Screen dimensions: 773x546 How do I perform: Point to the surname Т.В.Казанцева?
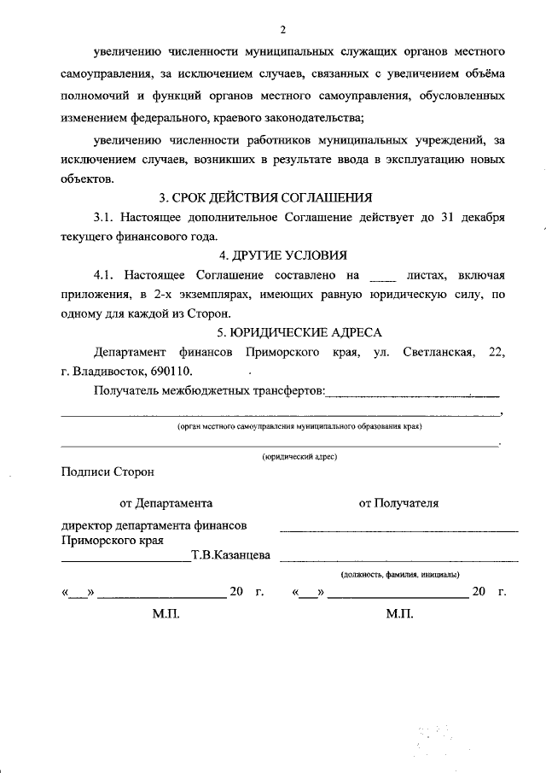tap(230, 556)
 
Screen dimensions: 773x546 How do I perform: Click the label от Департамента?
tap(166, 503)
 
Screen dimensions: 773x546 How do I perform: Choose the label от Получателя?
tap(398, 503)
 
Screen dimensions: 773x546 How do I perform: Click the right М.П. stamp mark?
tap(398, 614)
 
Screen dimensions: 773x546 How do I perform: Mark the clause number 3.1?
tap(105, 218)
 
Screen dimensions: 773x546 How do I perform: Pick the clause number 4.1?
tap(105, 276)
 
